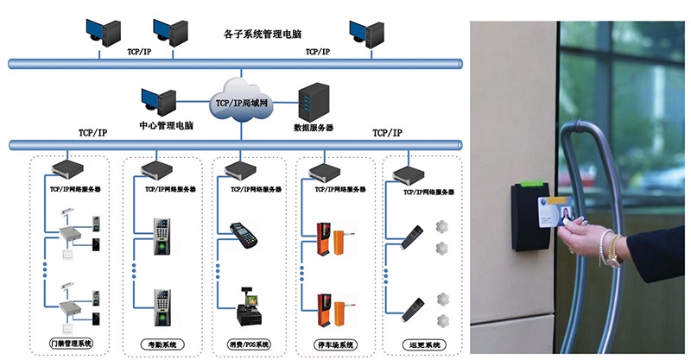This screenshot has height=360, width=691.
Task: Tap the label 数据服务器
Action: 314,128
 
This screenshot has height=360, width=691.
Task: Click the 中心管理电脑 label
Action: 166,126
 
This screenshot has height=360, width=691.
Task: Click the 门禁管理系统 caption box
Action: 71,344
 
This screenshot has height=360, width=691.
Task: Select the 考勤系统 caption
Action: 157,344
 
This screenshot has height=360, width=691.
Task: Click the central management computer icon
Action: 159,102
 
